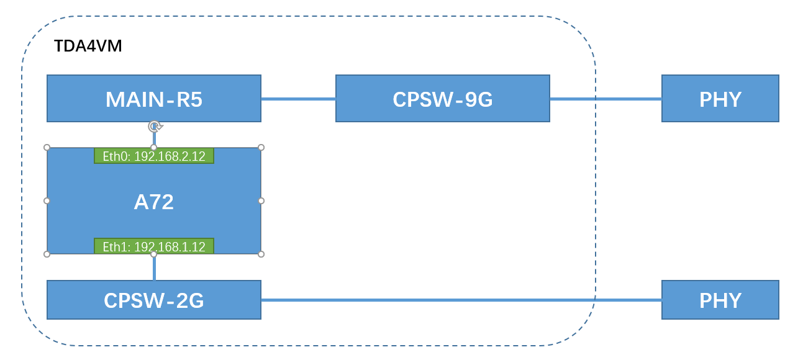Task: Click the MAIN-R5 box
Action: [153, 99]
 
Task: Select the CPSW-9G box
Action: [442, 99]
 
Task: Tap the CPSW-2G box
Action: [153, 300]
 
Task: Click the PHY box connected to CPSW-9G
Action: [720, 99]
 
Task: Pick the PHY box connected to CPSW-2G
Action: [720, 300]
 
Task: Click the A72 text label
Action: [153, 202]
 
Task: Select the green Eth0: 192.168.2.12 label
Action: [153, 156]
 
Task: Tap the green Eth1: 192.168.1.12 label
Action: [153, 246]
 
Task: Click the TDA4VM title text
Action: [88, 47]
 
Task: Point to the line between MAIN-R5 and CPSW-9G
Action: [298, 99]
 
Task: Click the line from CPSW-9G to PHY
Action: [606, 99]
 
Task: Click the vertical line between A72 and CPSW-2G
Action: [154, 268]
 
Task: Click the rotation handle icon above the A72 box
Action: [155, 127]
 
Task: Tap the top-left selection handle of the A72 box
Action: [47, 148]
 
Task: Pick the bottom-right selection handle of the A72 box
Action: [261, 254]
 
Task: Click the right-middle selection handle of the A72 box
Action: [261, 200]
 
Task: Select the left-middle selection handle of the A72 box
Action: [47, 200]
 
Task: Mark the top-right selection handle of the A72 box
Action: [261, 148]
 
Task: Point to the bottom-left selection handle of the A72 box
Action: [47, 254]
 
